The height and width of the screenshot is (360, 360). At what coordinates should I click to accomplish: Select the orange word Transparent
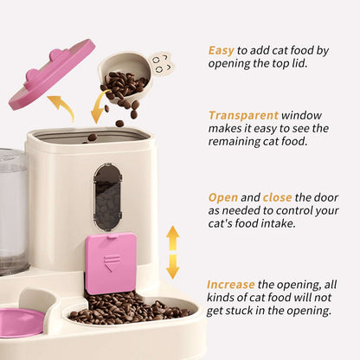coord(242,114)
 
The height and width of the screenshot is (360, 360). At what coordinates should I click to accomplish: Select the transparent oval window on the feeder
coord(108,197)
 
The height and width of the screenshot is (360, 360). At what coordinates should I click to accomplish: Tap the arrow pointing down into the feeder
coord(98,108)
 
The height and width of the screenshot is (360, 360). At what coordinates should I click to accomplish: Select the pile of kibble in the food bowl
coord(130,308)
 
